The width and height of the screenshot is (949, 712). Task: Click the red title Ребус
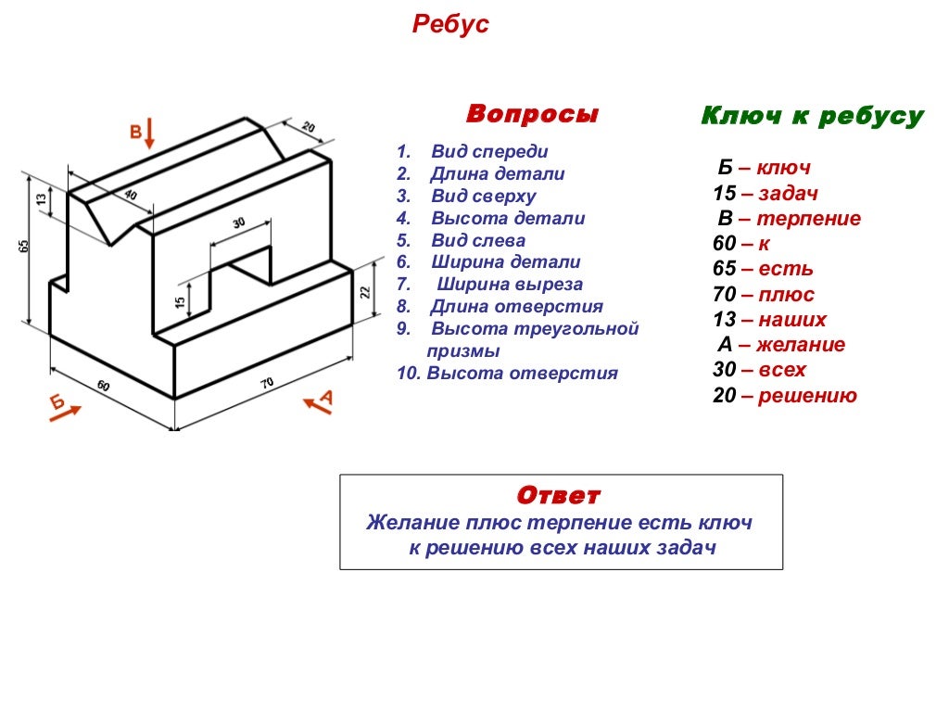pyautogui.click(x=449, y=25)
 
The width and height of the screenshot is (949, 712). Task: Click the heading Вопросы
pyautogui.click(x=532, y=114)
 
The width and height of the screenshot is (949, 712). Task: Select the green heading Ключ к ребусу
pyautogui.click(x=812, y=116)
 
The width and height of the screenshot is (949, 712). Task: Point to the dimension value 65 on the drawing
pyautogui.click(x=25, y=247)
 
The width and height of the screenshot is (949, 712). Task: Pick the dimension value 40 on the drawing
pyautogui.click(x=130, y=195)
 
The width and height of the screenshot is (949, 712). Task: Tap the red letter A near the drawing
pyautogui.click(x=326, y=398)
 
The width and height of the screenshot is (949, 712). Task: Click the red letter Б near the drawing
pyautogui.click(x=57, y=401)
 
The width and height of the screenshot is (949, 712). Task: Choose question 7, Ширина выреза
pyautogui.click(x=510, y=285)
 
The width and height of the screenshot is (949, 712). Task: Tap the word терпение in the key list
pyautogui.click(x=808, y=219)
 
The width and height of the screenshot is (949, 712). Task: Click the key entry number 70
pyautogui.click(x=724, y=295)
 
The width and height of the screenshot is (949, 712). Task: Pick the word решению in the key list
pyautogui.click(x=806, y=396)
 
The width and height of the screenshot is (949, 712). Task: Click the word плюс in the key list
pyautogui.click(x=786, y=295)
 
